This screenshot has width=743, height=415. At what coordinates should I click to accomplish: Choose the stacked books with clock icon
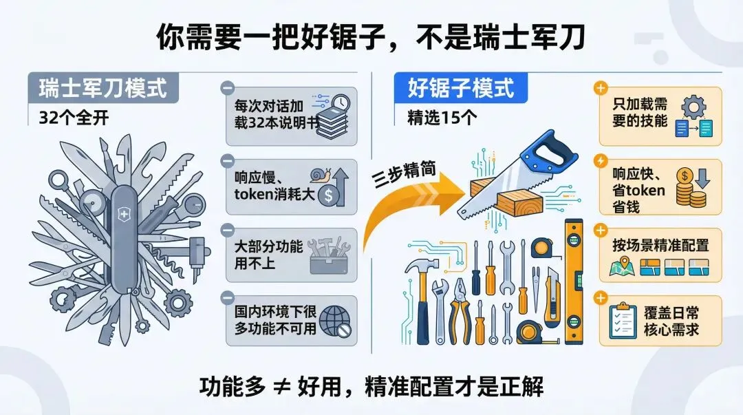tap(331, 115)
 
